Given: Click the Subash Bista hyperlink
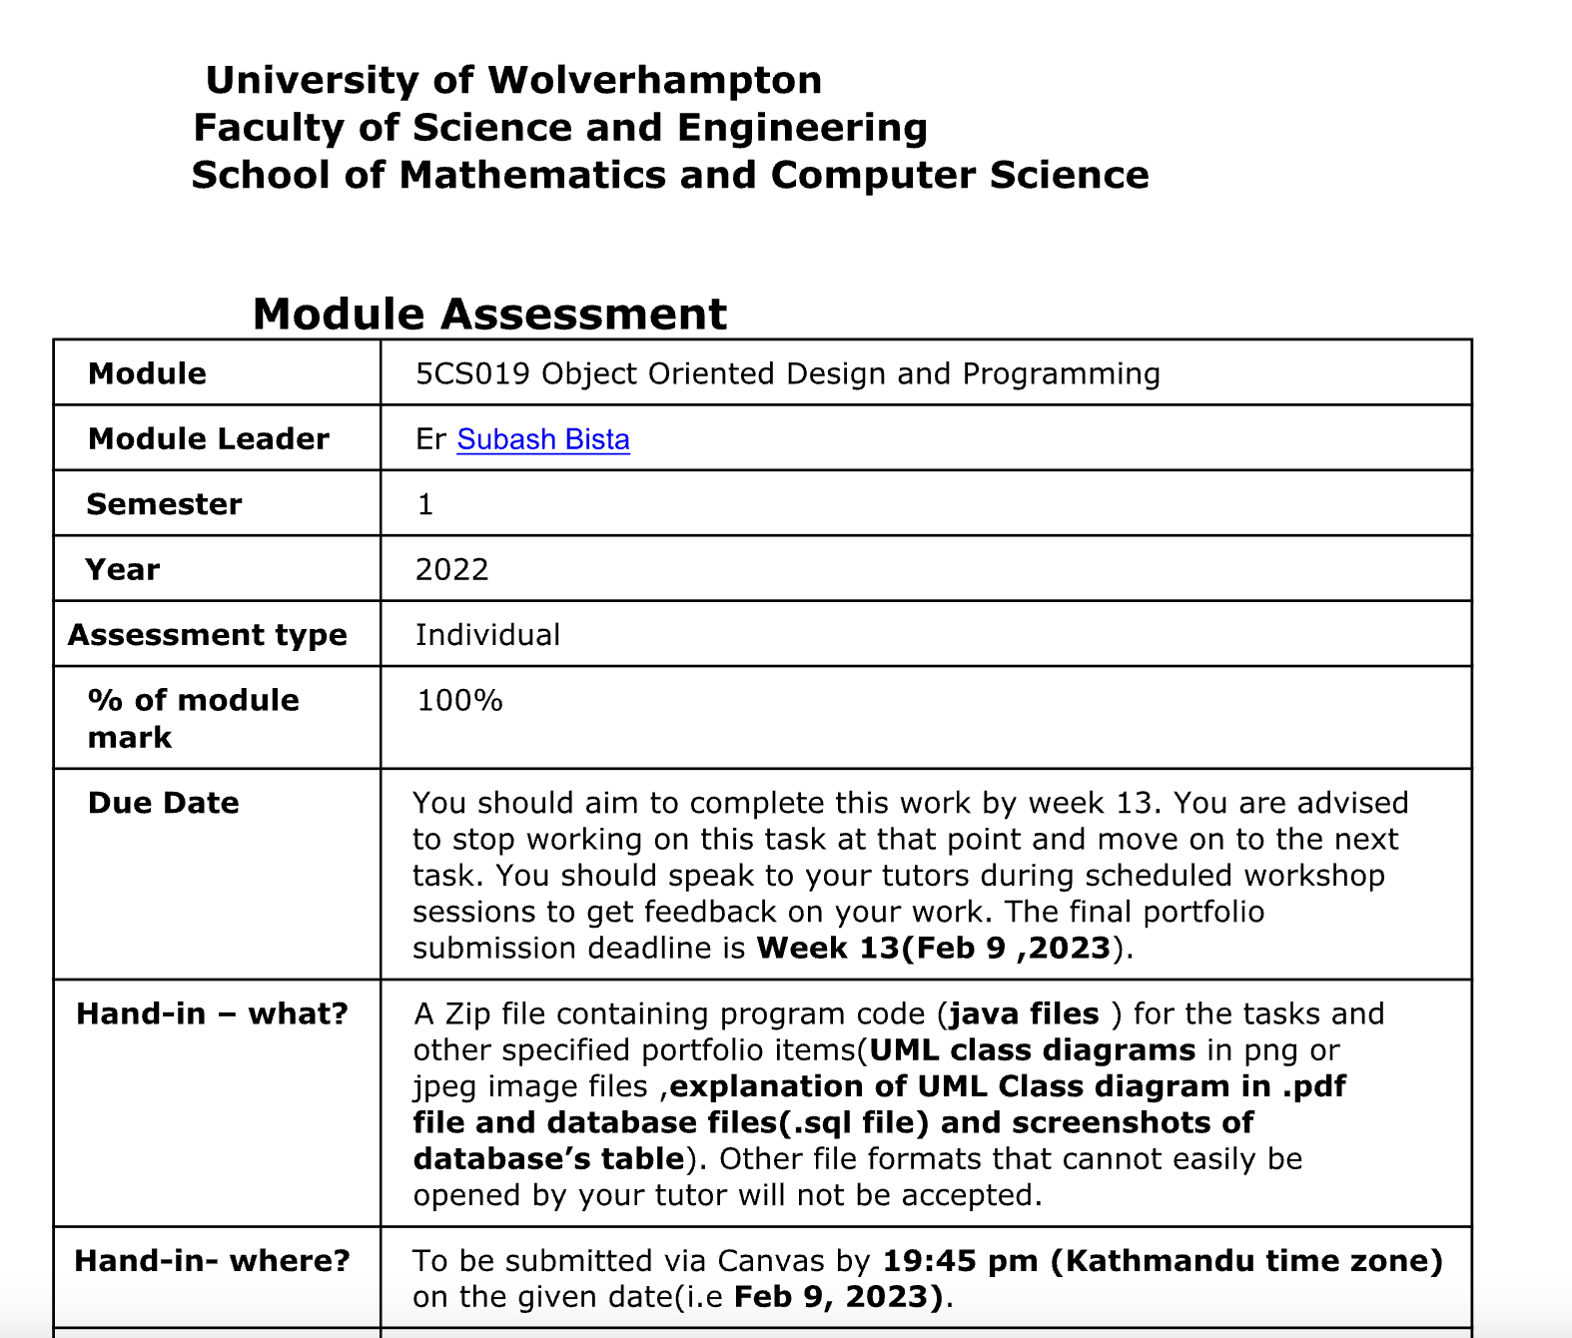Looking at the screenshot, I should [x=542, y=439].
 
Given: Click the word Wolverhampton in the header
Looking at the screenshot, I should [x=654, y=80].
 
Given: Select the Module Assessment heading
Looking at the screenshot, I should [x=489, y=314].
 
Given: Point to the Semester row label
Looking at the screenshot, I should [x=164, y=504].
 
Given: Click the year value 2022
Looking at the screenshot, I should [x=451, y=569].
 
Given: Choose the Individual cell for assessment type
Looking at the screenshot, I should [x=487, y=635].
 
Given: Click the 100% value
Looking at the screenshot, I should [x=459, y=700].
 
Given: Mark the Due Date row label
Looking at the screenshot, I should [x=163, y=803].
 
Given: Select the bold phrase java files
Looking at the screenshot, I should [x=1024, y=1013].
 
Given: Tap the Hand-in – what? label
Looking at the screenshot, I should [x=212, y=1013].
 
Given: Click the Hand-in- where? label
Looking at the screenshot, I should [x=212, y=1260].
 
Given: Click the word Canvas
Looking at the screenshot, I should [x=771, y=1260].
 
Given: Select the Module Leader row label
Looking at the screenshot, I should [x=208, y=439].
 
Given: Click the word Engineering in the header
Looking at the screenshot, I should [x=802, y=128].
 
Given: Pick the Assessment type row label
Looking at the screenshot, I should [x=208, y=635].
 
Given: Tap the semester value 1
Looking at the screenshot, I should [x=425, y=504].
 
